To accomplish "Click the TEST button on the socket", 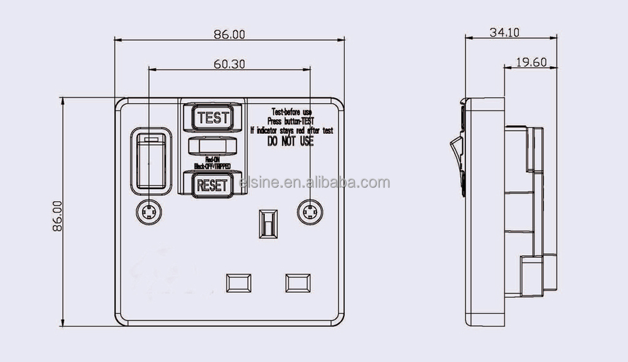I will (x=212, y=117).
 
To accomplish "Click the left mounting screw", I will (x=148, y=213).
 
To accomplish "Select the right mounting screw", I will (x=310, y=213).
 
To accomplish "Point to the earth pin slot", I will (x=267, y=224).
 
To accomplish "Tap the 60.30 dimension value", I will (x=229, y=63).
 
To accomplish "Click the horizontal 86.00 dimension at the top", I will (x=229, y=35).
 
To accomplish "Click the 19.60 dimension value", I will (x=531, y=62).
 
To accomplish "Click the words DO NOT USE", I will (x=290, y=142).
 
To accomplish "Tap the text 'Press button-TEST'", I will (x=291, y=121).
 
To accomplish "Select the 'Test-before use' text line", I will (x=291, y=112).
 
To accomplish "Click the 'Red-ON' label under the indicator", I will (x=212, y=160).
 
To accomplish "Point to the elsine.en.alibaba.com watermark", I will (x=315, y=183).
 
